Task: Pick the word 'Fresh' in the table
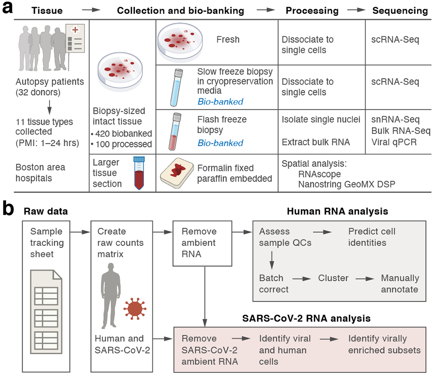click(x=228, y=40)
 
